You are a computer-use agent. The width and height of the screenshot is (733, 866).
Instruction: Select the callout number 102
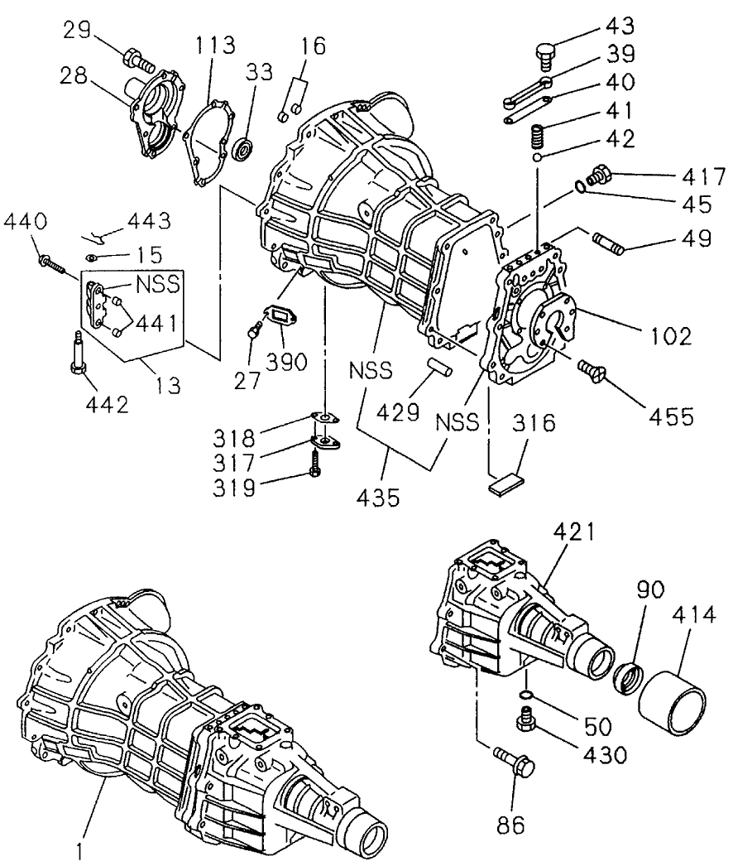click(670, 335)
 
